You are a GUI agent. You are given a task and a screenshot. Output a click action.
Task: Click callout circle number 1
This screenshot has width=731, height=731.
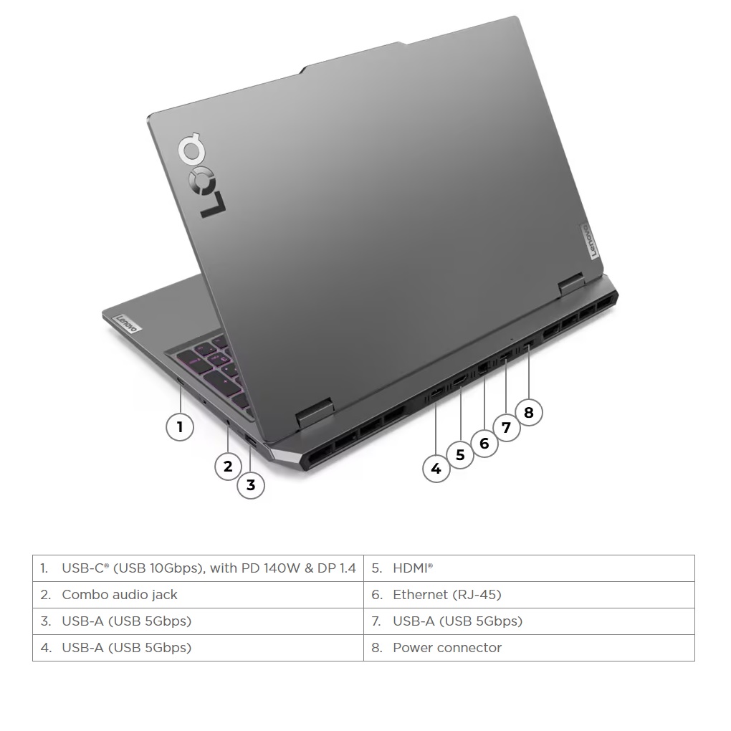(180, 426)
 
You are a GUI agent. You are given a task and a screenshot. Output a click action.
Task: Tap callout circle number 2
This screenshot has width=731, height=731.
(228, 467)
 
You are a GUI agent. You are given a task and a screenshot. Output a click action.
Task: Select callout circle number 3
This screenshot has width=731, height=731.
(251, 485)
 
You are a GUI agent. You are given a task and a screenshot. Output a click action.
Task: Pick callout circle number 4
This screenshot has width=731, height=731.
(436, 469)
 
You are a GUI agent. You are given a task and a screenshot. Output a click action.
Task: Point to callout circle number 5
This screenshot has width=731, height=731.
(461, 454)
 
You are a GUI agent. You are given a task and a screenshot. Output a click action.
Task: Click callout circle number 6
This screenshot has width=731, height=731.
(484, 444)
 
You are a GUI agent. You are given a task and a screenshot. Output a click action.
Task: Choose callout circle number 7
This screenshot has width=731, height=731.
(506, 428)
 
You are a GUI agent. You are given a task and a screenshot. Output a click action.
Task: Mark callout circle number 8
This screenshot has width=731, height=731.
(529, 413)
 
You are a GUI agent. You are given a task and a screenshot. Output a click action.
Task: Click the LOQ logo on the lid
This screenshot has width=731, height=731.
(201, 176)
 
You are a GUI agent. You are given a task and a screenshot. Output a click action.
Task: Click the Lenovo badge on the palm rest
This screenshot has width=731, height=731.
(127, 323)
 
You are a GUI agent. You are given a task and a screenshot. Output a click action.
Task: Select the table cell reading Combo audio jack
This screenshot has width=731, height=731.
(198, 595)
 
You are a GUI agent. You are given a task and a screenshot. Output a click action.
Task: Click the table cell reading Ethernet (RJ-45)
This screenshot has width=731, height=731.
(529, 595)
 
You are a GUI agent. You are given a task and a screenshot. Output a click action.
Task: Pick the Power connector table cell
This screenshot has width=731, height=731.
(529, 648)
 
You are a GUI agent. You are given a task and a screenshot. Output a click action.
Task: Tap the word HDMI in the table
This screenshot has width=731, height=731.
(411, 568)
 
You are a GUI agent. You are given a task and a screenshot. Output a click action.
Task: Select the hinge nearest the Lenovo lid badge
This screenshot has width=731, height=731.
(572, 284)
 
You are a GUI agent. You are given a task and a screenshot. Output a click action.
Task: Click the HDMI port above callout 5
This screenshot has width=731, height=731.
(459, 381)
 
